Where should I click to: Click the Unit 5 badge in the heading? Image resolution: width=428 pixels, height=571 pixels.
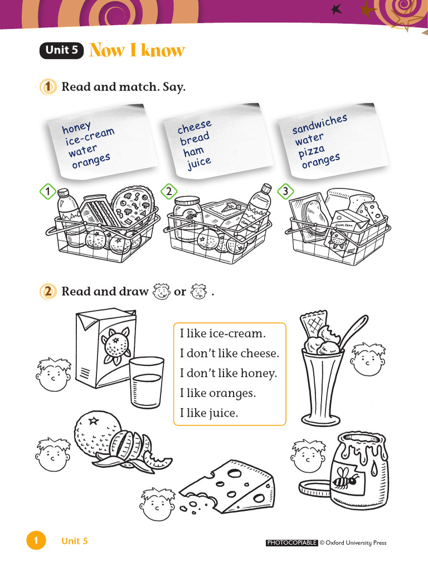click(61, 51)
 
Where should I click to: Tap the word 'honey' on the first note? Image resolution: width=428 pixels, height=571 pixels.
click(76, 128)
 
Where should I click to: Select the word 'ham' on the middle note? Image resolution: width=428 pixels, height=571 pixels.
click(193, 151)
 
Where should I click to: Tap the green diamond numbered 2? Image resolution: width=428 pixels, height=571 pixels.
click(168, 192)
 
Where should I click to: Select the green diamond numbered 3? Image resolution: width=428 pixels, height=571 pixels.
click(285, 192)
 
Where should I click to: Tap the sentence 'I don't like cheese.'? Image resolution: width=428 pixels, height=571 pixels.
click(229, 354)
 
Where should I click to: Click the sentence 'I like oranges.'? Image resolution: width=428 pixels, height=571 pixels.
click(217, 393)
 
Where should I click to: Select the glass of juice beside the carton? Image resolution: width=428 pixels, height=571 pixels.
click(147, 385)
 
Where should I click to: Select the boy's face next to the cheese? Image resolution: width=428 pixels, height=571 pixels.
click(155, 505)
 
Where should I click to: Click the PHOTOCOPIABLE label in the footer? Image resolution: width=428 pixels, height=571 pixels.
click(292, 543)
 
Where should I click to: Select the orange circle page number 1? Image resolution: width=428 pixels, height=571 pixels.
click(35, 541)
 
